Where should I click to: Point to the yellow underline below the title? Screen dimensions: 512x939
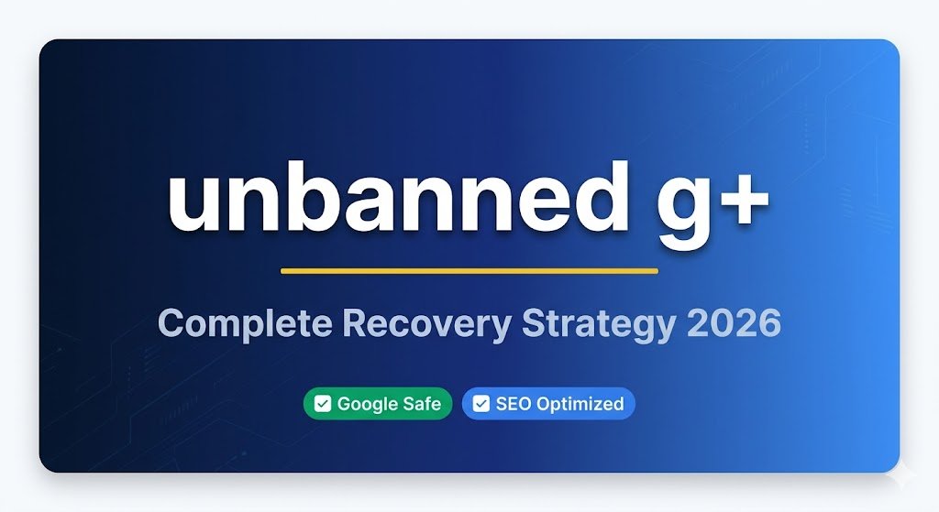coord(469,270)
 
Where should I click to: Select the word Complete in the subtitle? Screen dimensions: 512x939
coord(240,324)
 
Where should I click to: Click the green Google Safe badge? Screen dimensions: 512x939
coord(378,403)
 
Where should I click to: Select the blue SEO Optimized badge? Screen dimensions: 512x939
coord(548,403)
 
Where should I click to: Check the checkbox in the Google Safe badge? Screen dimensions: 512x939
coord(323,404)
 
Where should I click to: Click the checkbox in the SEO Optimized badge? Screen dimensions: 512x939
coord(481,404)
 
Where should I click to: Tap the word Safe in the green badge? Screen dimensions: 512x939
coord(422,403)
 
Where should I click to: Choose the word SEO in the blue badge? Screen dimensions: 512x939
coord(514,403)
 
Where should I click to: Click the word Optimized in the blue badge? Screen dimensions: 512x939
coord(580,404)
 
